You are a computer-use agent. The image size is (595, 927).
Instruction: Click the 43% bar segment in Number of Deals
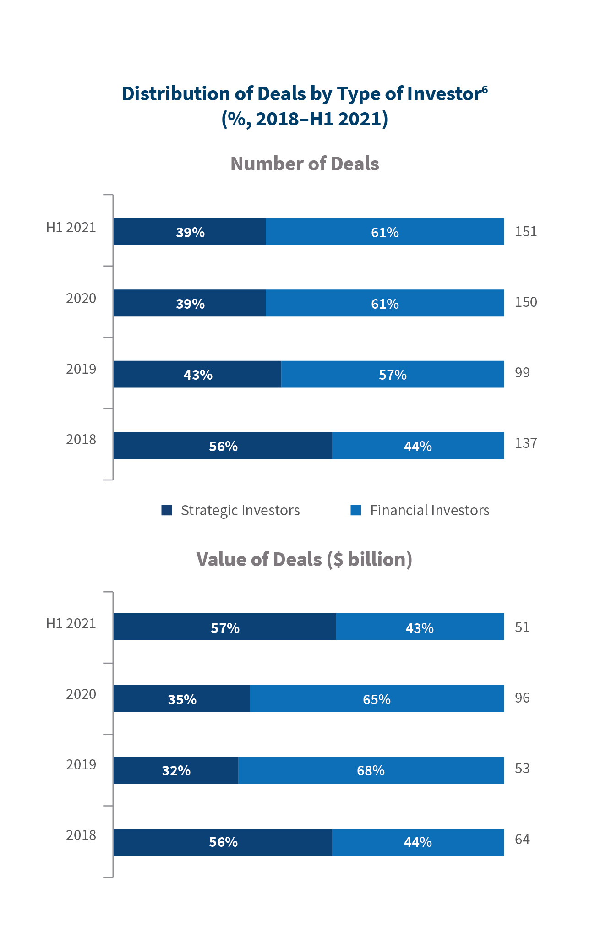click(197, 374)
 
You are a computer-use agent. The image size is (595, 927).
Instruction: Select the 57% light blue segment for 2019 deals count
click(393, 374)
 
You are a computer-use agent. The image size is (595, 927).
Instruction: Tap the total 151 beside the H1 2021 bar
click(525, 231)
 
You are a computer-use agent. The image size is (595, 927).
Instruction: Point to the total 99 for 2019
click(522, 372)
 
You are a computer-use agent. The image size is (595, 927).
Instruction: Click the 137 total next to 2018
click(525, 443)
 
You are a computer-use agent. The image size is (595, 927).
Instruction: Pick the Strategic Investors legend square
click(167, 510)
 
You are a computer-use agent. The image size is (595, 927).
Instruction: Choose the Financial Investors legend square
click(355, 510)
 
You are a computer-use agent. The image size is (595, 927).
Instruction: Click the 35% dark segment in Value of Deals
click(182, 698)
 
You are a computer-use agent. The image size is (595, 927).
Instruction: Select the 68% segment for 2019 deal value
click(371, 770)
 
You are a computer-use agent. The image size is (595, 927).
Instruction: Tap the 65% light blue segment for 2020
click(377, 698)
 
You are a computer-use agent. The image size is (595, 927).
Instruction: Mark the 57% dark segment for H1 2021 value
click(224, 627)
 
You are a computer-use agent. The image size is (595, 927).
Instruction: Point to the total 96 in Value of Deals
click(522, 698)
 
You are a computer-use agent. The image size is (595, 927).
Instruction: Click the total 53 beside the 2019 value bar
click(522, 768)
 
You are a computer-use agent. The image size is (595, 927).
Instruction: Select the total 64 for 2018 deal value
click(522, 839)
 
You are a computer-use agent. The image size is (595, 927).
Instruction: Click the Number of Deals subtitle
click(305, 164)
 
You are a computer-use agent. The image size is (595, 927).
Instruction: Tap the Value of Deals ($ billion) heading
click(304, 559)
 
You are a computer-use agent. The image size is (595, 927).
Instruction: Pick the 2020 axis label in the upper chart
click(81, 298)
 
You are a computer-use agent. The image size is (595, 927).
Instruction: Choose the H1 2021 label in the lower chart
click(71, 623)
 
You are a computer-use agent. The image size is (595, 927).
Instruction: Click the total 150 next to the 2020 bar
click(525, 302)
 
